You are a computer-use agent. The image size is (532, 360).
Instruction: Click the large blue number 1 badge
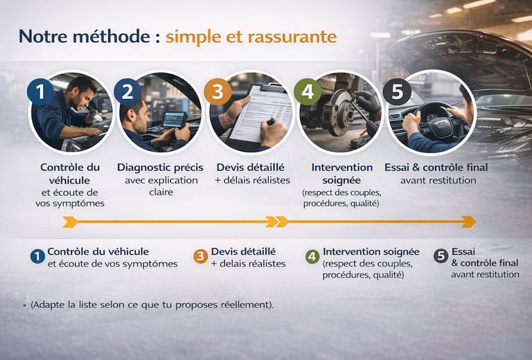pyautogui.click(x=41, y=92)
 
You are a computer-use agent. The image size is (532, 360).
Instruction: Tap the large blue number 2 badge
pyautogui.click(x=127, y=92)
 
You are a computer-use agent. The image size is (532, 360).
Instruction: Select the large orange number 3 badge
pyautogui.click(x=218, y=92)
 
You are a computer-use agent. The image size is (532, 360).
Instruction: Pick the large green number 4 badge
pyautogui.click(x=308, y=92)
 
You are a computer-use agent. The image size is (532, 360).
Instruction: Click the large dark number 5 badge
pyautogui.click(x=397, y=92)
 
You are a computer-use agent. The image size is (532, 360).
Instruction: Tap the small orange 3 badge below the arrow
pyautogui.click(x=201, y=257)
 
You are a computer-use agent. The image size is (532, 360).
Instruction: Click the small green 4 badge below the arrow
pyautogui.click(x=312, y=257)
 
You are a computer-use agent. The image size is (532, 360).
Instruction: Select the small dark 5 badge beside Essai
pyautogui.click(x=441, y=256)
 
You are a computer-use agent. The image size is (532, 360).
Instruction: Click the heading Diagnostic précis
pyautogui.click(x=160, y=168)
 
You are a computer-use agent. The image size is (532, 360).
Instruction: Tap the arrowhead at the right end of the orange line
pyautogui.click(x=469, y=222)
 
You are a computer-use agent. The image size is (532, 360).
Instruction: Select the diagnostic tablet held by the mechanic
pyautogui.click(x=174, y=119)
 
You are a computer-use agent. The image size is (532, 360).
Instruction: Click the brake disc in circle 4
pyautogui.click(x=340, y=112)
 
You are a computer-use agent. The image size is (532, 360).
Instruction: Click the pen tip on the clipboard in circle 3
pyautogui.click(x=268, y=123)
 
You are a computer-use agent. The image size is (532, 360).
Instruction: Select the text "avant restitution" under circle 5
pyautogui.click(x=438, y=180)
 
